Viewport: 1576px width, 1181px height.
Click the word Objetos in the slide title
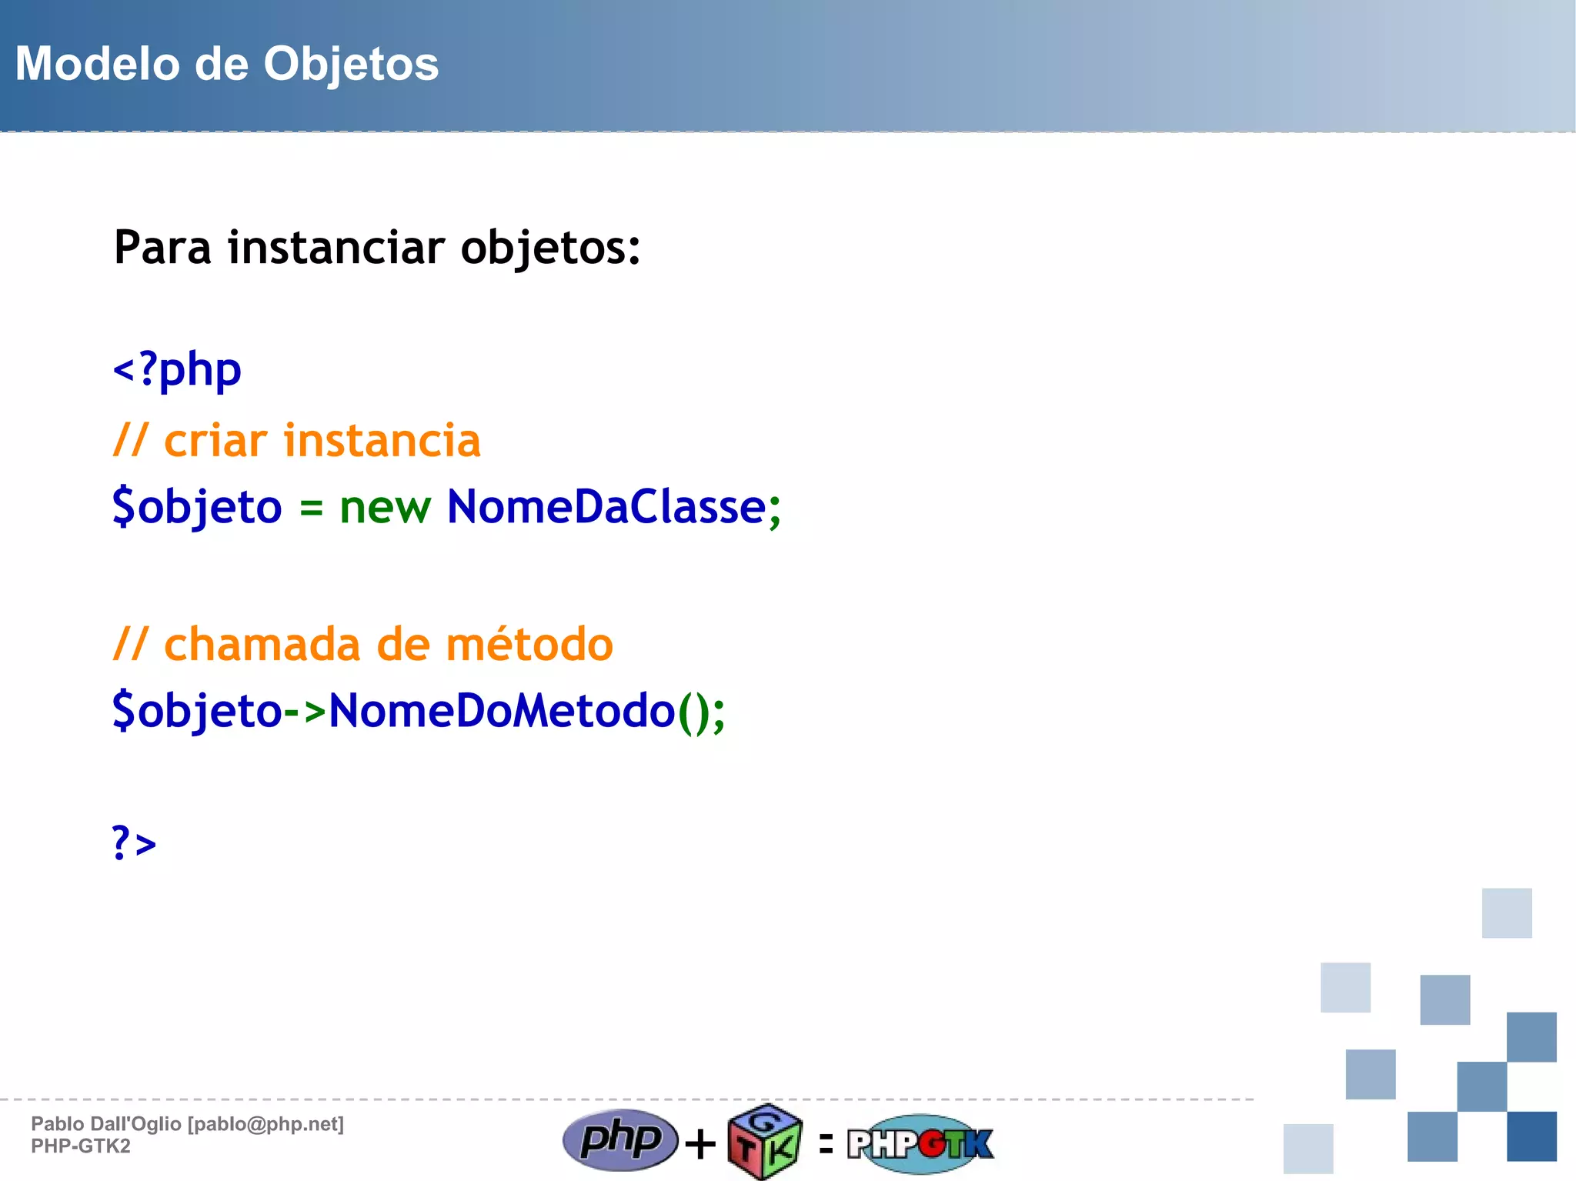(351, 65)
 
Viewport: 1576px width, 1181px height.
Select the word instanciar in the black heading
(336, 248)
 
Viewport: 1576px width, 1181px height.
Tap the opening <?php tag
(177, 370)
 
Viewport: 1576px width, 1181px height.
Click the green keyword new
(385, 508)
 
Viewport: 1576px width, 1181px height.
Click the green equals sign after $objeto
(311, 508)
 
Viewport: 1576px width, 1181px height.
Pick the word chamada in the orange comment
(262, 644)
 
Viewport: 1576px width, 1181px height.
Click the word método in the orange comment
(529, 644)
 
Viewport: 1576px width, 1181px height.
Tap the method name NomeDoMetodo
(502, 711)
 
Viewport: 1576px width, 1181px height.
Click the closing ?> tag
(134, 843)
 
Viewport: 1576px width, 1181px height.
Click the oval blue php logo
(620, 1139)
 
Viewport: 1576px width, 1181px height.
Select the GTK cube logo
(765, 1142)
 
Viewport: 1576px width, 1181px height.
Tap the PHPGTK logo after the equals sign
(920, 1143)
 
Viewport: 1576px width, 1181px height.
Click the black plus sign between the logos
(700, 1144)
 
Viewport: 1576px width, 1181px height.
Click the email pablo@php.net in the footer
(265, 1124)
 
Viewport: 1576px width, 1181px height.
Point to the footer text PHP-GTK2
(81, 1146)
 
